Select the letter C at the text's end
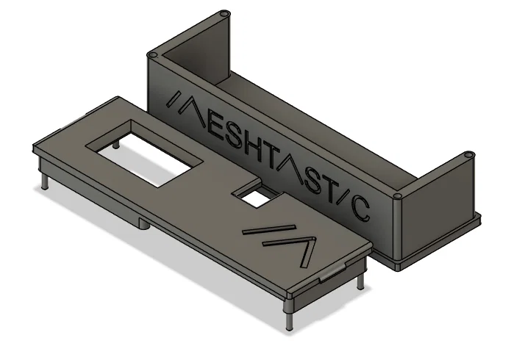pos(360,207)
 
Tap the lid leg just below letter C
pos(360,281)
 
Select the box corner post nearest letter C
pos(397,198)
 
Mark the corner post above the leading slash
pos(153,56)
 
